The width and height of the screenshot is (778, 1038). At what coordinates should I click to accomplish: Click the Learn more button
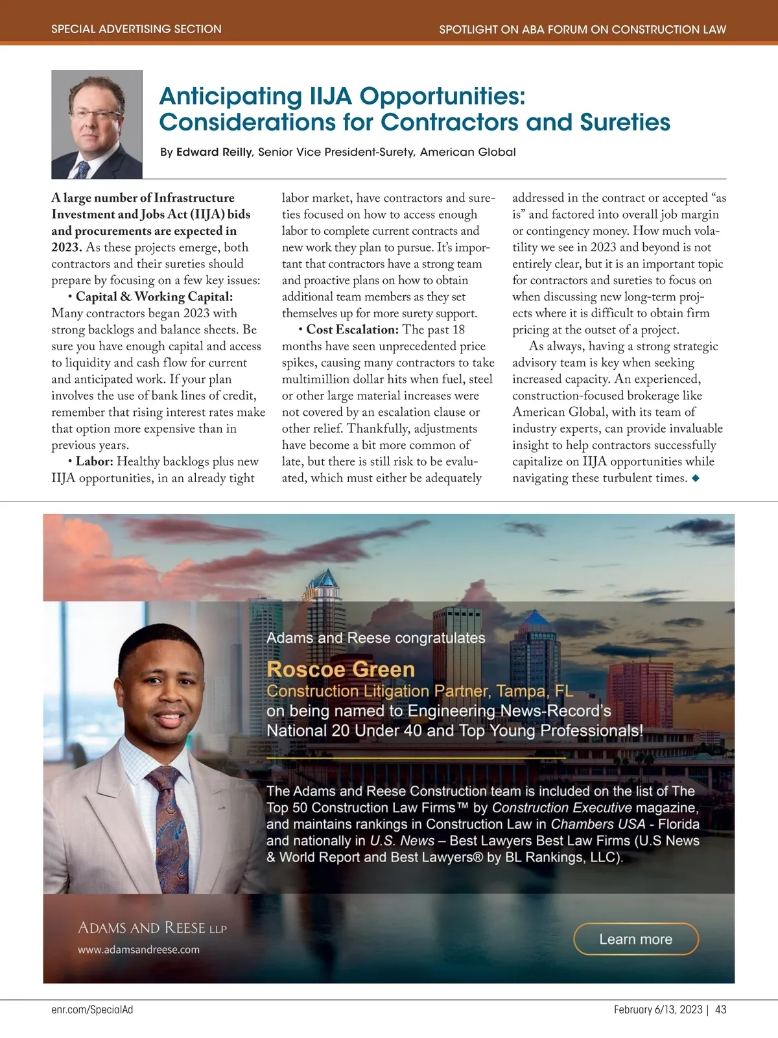[635, 939]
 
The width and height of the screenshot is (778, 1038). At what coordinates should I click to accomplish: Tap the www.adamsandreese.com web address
[139, 949]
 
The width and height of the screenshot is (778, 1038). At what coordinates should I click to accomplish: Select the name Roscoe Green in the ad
[340, 669]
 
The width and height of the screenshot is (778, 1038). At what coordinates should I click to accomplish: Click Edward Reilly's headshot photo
[97, 125]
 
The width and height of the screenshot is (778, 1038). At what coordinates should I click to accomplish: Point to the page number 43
[721, 1009]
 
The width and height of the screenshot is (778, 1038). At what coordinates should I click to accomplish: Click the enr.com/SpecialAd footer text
[92, 1009]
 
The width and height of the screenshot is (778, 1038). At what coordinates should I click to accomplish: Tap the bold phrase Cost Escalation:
[352, 330]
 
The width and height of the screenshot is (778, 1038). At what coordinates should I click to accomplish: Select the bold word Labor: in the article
[95, 461]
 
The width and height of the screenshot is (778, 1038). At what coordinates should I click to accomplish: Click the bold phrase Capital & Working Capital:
[154, 296]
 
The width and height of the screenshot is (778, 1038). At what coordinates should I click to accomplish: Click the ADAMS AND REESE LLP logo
[152, 928]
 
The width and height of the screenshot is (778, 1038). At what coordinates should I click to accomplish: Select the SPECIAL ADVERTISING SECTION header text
[136, 29]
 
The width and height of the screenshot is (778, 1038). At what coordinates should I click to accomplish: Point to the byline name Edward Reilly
[214, 152]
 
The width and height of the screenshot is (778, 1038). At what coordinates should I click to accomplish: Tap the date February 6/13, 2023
[657, 1009]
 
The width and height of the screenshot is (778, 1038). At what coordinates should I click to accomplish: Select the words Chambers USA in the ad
[598, 824]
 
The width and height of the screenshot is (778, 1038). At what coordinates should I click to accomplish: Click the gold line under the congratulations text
[416, 758]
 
